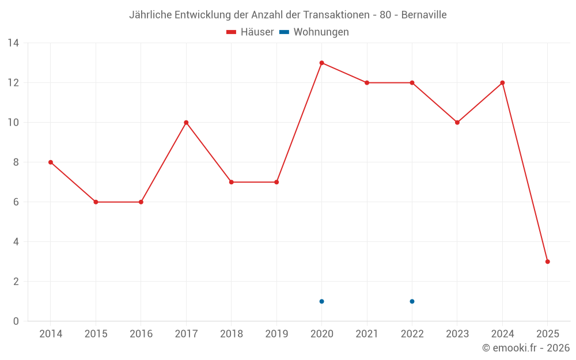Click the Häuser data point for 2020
coord(321,63)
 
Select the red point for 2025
coord(547,262)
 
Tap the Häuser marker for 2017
coord(186,123)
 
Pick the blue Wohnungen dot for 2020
coord(321,301)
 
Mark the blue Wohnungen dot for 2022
coord(412,301)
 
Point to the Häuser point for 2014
coord(51,162)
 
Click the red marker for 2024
coord(502,83)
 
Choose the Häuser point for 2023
coord(457,123)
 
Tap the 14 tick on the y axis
coord(13,43)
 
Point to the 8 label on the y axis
coord(16,162)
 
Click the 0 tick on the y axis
coord(16,321)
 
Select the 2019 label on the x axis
coord(276,334)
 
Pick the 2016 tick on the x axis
coord(141,334)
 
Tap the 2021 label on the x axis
coord(367,334)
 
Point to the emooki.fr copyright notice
coord(525,348)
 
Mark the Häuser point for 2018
coord(231,182)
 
